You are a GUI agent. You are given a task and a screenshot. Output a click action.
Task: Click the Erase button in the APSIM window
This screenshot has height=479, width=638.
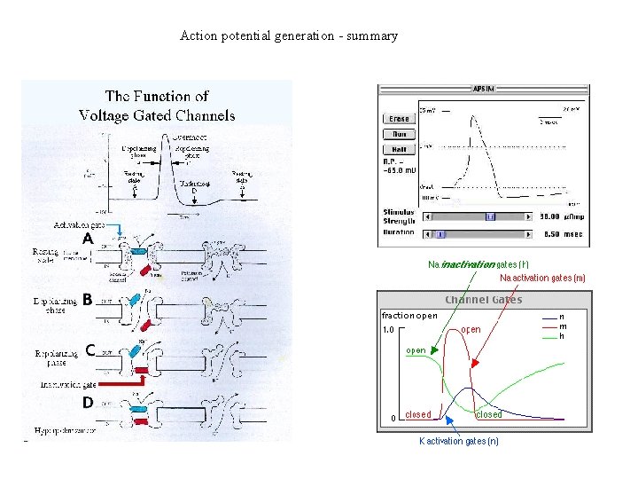[399, 119]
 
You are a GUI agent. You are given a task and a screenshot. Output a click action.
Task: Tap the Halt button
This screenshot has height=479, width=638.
[399, 150]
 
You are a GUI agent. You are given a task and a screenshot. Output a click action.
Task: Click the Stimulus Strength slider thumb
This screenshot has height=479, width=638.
[490, 216]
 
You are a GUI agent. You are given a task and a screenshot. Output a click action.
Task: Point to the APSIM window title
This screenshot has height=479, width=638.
[485, 89]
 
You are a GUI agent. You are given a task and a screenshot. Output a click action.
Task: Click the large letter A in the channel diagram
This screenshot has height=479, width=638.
[88, 239]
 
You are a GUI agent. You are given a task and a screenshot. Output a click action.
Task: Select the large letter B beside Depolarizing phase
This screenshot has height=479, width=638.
[88, 299]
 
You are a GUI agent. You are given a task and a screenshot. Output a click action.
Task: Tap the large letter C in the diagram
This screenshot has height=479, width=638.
[90, 349]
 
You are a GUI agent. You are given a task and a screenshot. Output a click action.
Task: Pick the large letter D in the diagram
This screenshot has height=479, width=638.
[88, 402]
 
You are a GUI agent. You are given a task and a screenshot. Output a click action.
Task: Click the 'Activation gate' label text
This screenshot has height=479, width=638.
[79, 225]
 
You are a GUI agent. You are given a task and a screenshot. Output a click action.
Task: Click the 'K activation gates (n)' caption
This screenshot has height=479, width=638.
[458, 441]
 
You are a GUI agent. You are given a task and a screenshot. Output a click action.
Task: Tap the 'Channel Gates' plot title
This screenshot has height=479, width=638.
[483, 300]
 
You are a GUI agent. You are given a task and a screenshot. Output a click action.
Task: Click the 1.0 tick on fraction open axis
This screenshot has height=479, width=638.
[388, 331]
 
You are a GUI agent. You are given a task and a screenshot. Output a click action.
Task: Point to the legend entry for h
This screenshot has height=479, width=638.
[562, 336]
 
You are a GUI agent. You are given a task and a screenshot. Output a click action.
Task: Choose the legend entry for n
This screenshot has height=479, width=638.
[562, 316]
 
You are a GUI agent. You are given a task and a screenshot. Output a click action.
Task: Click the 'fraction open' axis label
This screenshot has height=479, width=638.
[409, 316]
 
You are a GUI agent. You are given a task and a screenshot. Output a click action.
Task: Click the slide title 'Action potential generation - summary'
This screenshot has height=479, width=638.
[289, 36]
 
